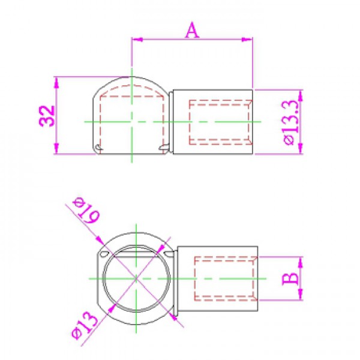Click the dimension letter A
coord(192,31)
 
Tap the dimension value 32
coord(47,116)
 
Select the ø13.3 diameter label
coord(291,122)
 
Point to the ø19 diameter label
coord(86,211)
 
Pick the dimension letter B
coord(290,279)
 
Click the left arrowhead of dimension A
coord(137,40)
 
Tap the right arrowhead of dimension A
coord(247,40)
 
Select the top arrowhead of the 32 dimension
coord(56,83)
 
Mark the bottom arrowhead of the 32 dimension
coord(56,149)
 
